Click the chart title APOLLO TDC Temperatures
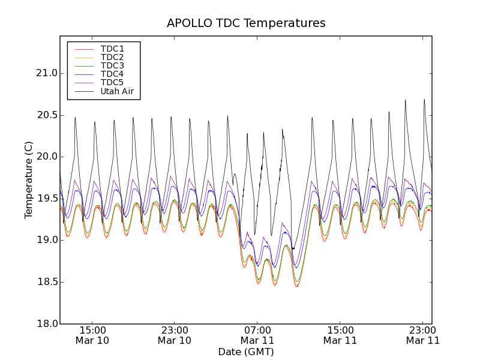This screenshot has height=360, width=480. (x=246, y=23)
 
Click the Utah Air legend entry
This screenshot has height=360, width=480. (x=117, y=92)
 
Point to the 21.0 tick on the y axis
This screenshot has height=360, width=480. (x=46, y=73)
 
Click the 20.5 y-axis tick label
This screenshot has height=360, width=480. (x=46, y=115)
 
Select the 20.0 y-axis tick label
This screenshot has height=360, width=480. (x=46, y=157)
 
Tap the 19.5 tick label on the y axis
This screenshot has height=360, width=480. (x=46, y=199)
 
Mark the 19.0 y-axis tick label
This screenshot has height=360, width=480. (x=46, y=240)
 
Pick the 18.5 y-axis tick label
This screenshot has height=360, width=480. (x=46, y=282)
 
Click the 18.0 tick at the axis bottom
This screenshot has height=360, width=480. (x=46, y=323)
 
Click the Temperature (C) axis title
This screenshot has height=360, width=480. (x=29, y=180)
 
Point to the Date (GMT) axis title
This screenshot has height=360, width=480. (x=246, y=352)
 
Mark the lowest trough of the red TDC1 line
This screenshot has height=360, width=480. (x=296, y=286)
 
